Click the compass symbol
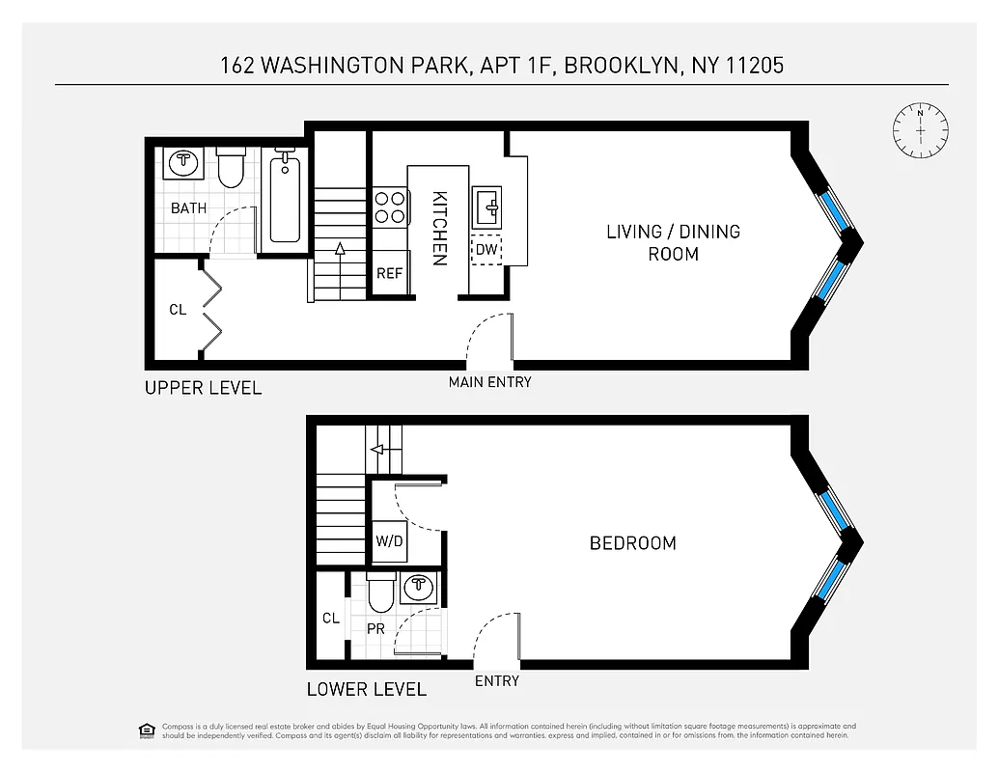pyautogui.click(x=920, y=128)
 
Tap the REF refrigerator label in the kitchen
pyautogui.click(x=389, y=273)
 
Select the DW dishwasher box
pyautogui.click(x=486, y=249)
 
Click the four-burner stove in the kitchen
pyautogui.click(x=390, y=207)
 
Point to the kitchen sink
pyautogui.click(x=486, y=206)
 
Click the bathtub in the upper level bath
pyautogui.click(x=285, y=202)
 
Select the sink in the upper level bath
pyautogui.click(x=183, y=162)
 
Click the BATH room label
pyautogui.click(x=188, y=208)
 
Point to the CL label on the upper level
pyautogui.click(x=178, y=310)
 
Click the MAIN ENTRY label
pyautogui.click(x=489, y=382)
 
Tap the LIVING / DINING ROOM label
pyautogui.click(x=673, y=242)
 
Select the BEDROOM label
pyautogui.click(x=632, y=543)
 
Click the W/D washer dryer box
pyautogui.click(x=389, y=542)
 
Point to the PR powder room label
pyautogui.click(x=376, y=628)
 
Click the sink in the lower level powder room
pyautogui.click(x=418, y=585)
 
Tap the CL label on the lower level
pyautogui.click(x=330, y=618)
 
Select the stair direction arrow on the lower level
pyautogui.click(x=376, y=449)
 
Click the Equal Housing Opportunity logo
pyautogui.click(x=147, y=731)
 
